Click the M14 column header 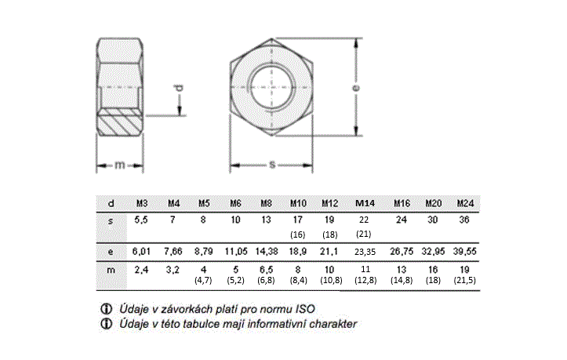[x=365, y=203]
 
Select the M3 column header [x=142, y=203]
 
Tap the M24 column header [x=465, y=203]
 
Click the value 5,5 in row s [x=141, y=220]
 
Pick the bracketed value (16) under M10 [x=297, y=235]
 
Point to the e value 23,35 [x=365, y=252]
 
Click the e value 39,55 [x=465, y=251]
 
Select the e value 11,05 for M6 [x=236, y=251]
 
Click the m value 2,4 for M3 [x=141, y=270]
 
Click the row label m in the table [x=111, y=271]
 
